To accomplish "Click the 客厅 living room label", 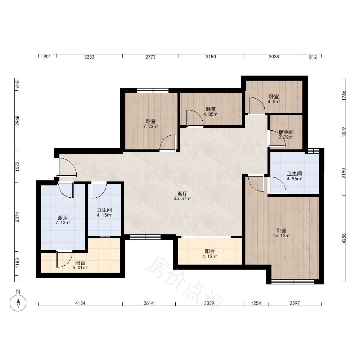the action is coord(182,194).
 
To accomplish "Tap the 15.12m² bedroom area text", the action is coord(282,235).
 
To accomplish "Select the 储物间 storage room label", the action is coord(286,132).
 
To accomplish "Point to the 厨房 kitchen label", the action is coord(63,218).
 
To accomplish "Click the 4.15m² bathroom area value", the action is coord(104,215).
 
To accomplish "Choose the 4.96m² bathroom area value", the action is coord(294,179).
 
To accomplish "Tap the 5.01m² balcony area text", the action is coord(80,268).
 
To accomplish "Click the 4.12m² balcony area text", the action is coord(210,256).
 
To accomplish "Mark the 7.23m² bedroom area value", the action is coord(150,126).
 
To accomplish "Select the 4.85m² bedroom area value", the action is coord(211,114).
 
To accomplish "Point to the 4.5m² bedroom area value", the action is coord(274,102).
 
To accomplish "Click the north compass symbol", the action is coord(18,303).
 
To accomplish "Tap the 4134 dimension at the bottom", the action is coord(80,303).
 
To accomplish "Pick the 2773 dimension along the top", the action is coord(150,57).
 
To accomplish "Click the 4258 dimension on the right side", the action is coord(344,238).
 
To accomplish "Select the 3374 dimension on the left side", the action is coord(17,217).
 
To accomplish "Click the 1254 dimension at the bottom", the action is coord(256,303).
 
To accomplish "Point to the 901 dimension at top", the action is coord(47,57).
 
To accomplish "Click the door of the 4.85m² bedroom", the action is coord(195,118).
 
